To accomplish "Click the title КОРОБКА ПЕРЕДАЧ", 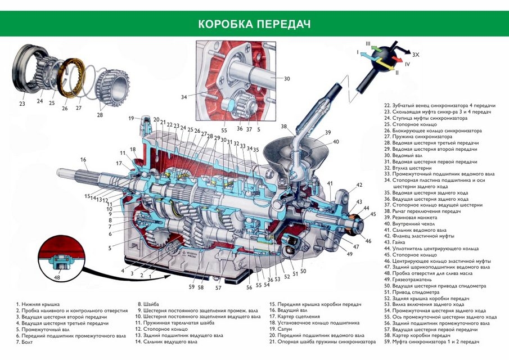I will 254,25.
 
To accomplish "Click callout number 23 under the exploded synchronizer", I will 22,103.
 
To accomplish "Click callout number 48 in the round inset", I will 57,276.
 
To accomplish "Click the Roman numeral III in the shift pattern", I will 367,43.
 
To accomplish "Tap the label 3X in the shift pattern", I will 416,55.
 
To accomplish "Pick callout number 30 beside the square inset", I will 287,79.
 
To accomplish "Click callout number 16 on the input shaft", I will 83,160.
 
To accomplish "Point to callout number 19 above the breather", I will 130,118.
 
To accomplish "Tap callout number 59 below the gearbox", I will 191,287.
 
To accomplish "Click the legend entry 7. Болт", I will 25,342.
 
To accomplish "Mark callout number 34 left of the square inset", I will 183,97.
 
